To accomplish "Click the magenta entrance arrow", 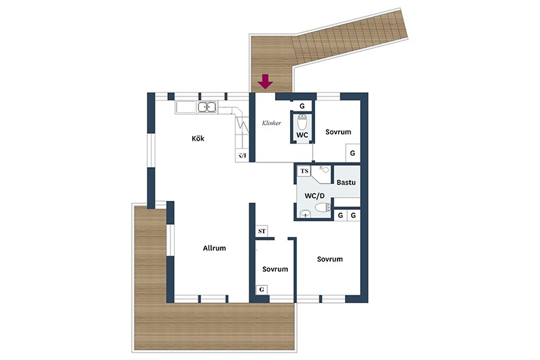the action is [x=266, y=82].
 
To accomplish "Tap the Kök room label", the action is [x=198, y=139].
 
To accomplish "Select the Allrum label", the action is [x=214, y=248].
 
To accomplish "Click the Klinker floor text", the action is [x=272, y=123].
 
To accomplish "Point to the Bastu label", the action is [x=346, y=182].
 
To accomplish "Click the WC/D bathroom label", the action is [x=314, y=196].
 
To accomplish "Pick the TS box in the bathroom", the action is [x=304, y=171].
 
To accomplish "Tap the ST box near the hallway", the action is [x=262, y=231].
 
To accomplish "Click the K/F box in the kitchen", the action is [x=242, y=156].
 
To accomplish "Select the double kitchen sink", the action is [x=207, y=107].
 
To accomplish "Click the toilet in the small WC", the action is [x=302, y=122].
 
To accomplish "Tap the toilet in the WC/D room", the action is [x=323, y=207].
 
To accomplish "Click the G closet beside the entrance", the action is [x=302, y=106].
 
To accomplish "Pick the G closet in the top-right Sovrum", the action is [x=353, y=153].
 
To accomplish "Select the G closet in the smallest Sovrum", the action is [x=262, y=290].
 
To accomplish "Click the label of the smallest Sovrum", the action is [x=275, y=269].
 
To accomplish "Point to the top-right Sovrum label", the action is [x=338, y=132].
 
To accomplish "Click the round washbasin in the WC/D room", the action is [x=304, y=214].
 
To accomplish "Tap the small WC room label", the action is [x=302, y=135].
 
